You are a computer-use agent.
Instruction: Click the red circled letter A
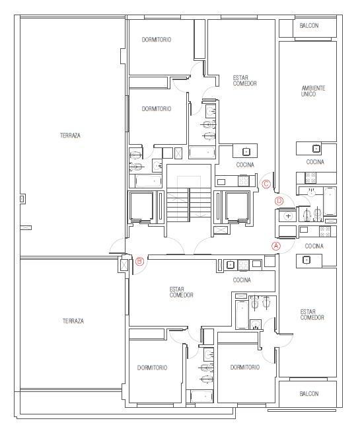point(276,246)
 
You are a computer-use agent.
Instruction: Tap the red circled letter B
point(139,261)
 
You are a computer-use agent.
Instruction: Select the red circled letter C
point(266,184)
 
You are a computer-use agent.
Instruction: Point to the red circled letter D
point(279,201)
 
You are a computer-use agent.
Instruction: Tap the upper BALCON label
point(309,26)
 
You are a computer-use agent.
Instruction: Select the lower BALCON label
point(309,394)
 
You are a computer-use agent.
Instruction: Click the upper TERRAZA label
point(70,135)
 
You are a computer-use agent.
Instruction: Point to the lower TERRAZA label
point(73,321)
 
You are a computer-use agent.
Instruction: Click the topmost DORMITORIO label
point(157,40)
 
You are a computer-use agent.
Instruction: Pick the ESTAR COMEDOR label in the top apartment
point(244,81)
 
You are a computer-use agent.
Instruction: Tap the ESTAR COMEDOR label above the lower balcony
point(312,315)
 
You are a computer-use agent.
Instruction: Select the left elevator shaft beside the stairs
point(141,206)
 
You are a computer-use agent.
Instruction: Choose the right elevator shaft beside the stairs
point(236,206)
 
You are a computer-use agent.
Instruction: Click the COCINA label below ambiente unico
point(315,162)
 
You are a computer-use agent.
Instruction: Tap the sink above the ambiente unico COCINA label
point(316,149)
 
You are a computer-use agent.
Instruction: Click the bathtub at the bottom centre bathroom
point(201,397)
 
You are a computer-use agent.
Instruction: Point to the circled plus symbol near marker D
point(288,216)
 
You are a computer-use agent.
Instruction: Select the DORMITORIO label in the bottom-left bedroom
point(152,368)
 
